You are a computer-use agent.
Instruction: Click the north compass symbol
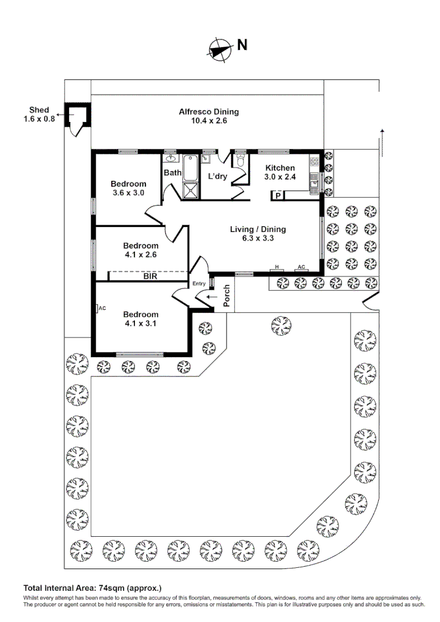coord(220,50)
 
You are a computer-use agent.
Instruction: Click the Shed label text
coord(39,110)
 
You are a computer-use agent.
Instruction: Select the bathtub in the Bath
coord(191,168)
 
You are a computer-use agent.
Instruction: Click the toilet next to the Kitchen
coord(240,160)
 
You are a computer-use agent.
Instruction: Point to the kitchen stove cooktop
coord(314,161)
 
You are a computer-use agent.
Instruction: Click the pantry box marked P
coord(278,195)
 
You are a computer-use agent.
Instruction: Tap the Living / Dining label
coord(258,229)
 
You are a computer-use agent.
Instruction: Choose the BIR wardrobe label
coord(150,276)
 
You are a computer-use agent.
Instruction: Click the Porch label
coord(227,295)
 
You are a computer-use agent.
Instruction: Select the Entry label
coord(199,283)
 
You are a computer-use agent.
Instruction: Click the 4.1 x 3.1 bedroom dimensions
coord(141,323)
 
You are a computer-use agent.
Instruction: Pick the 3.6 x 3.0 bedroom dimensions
coord(128,193)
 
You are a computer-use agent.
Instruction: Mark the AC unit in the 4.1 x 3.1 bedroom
coord(101,308)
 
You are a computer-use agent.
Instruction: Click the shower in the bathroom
coord(191,190)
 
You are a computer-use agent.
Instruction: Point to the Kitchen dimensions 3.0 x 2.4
coord(280,177)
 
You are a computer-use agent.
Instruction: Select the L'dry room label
coord(217,176)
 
